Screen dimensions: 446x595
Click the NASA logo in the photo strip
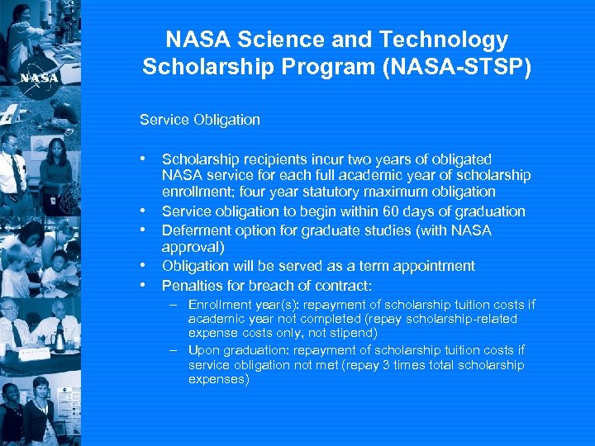(40, 78)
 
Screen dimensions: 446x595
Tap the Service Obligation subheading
(200, 120)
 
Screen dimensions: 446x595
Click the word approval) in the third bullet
(193, 247)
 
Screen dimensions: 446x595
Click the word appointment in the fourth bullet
(431, 266)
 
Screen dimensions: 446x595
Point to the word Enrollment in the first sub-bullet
(217, 304)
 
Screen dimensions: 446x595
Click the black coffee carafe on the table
(60, 337)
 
